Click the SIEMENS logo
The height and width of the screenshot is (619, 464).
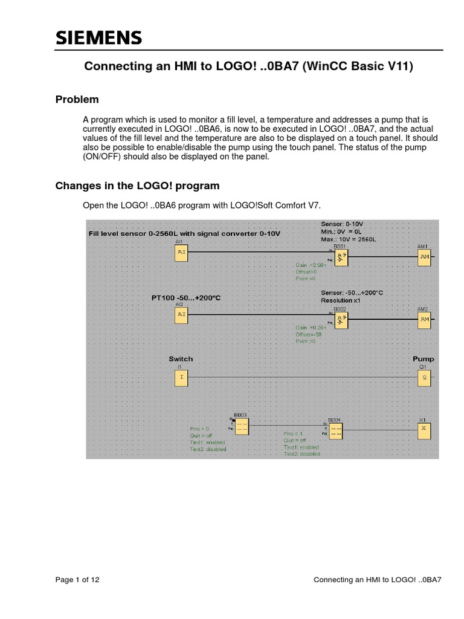99,39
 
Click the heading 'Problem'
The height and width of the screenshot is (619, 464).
77,100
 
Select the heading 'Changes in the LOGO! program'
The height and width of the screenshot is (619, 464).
138,186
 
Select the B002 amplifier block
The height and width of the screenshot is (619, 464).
342,320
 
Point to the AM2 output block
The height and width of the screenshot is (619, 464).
425,319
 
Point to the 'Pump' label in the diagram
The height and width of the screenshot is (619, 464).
424,359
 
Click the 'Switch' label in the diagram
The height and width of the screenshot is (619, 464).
181,359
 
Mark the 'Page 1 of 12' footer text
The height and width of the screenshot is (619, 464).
77,580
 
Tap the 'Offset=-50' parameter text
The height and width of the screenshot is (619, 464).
308,334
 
